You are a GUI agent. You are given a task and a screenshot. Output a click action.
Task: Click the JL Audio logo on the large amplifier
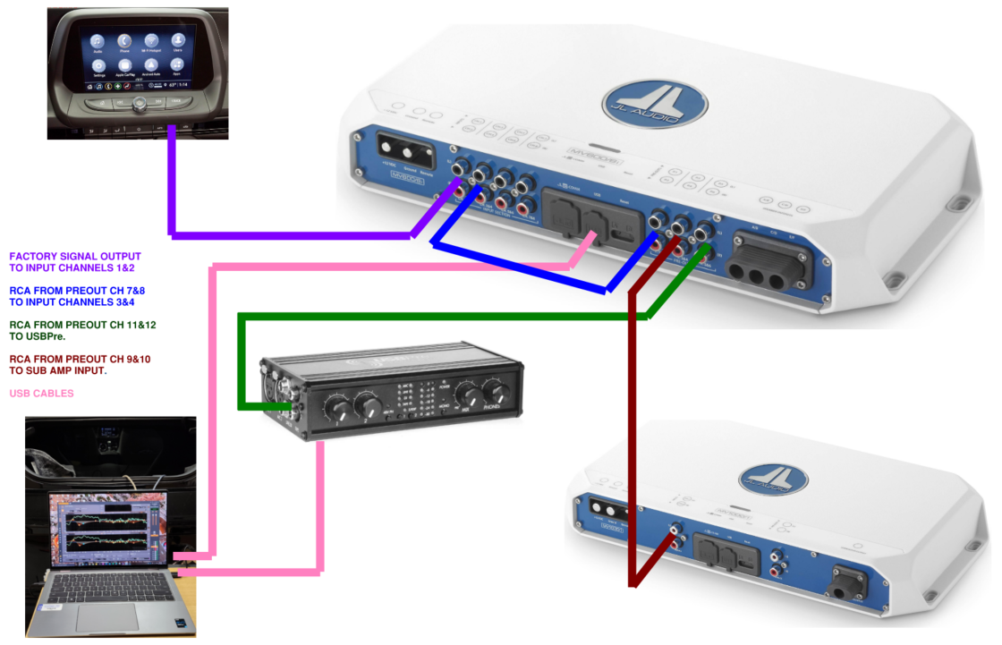tap(655, 103)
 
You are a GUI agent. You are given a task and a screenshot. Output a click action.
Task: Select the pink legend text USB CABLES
tap(41, 393)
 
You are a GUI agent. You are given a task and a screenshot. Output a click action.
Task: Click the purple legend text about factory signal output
tap(75, 262)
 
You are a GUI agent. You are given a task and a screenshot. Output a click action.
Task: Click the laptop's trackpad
tap(106, 616)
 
